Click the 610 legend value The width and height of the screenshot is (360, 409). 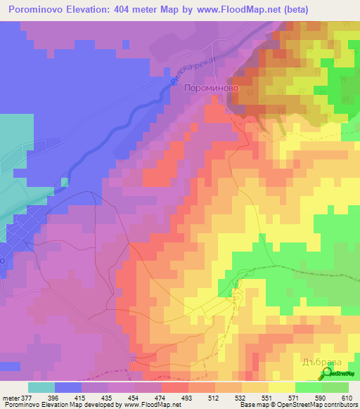(347, 397)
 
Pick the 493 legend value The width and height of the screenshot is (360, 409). (186, 397)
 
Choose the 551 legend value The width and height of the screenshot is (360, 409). (266, 397)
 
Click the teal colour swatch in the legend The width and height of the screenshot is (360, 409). (41, 387)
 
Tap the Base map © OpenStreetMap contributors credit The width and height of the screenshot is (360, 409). (297, 405)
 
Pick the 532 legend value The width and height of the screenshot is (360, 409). (239, 397)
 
